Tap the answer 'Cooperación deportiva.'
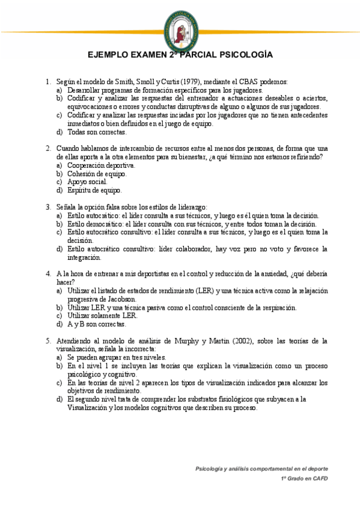pyautogui.click(x=101, y=165)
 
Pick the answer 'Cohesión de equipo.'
pyautogui.click(x=97, y=173)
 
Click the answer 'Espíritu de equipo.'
pyautogui.click(x=94, y=190)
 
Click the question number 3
pyautogui.click(x=48, y=207)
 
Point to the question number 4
pyautogui.click(x=48, y=274)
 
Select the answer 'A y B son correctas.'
pyautogui.click(x=97, y=324)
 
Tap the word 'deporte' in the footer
pyautogui.click(x=317, y=468)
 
